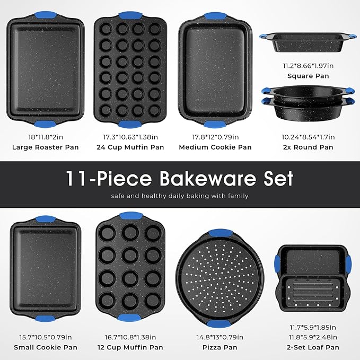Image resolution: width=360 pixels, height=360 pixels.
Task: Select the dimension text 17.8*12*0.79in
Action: (x=215, y=136)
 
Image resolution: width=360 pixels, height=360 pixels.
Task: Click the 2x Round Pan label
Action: (x=308, y=147)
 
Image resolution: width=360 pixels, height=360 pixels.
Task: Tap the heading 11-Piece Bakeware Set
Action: (x=180, y=178)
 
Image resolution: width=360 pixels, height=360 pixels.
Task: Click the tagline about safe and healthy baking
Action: (x=180, y=196)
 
